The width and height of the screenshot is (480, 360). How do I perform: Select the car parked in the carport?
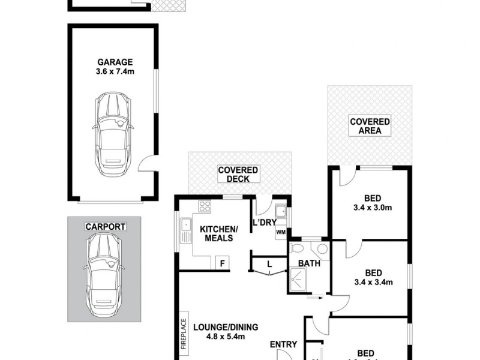[104, 276]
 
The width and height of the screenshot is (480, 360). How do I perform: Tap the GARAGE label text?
[114, 62]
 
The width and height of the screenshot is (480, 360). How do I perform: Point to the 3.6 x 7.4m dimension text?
[114, 72]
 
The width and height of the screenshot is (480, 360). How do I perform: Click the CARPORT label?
[104, 227]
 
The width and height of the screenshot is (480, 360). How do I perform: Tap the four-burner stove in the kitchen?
[205, 206]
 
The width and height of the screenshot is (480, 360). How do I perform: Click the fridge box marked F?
[222, 263]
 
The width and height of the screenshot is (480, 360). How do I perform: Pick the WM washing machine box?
[281, 232]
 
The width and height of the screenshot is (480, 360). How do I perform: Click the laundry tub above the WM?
[280, 212]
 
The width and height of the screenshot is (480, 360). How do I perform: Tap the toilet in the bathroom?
[296, 248]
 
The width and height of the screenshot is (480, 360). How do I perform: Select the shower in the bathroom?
[299, 278]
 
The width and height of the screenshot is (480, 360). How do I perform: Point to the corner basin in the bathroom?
[322, 248]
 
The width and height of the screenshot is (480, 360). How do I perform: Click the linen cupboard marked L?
[269, 264]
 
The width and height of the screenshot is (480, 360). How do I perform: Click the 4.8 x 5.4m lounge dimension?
[226, 337]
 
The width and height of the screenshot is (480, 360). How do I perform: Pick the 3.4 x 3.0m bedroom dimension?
[370, 208]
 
